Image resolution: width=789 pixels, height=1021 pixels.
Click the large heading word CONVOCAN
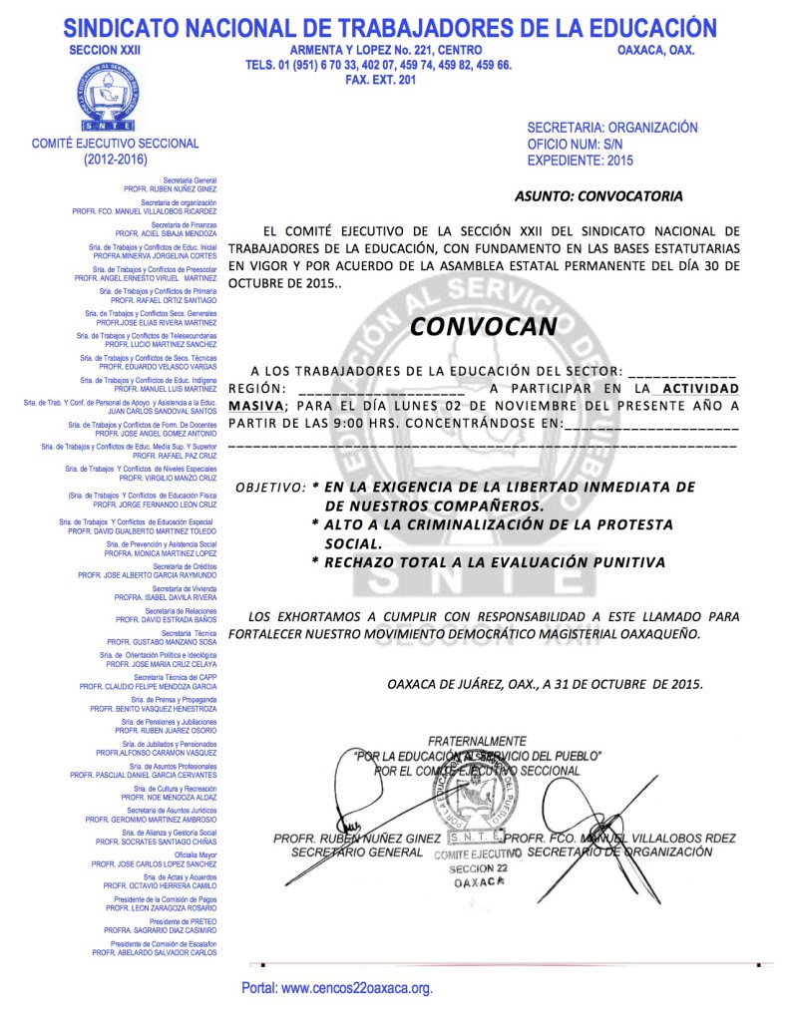click(484, 326)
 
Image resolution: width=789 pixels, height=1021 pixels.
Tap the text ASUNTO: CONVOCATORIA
click(598, 195)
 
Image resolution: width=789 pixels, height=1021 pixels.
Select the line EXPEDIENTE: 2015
click(580, 160)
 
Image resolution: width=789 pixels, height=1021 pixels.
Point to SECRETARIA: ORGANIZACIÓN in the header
click(611, 128)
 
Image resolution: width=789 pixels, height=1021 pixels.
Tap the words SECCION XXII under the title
click(100, 50)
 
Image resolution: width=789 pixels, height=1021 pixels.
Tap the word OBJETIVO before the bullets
click(268, 488)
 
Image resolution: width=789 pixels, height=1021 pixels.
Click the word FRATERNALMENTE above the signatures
click(477, 741)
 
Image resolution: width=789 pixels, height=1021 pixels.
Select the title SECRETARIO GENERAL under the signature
click(357, 853)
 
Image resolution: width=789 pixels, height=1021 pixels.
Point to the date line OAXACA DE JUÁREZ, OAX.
click(545, 684)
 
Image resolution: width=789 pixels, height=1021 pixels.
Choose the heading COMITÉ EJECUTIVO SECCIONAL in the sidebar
click(116, 144)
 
